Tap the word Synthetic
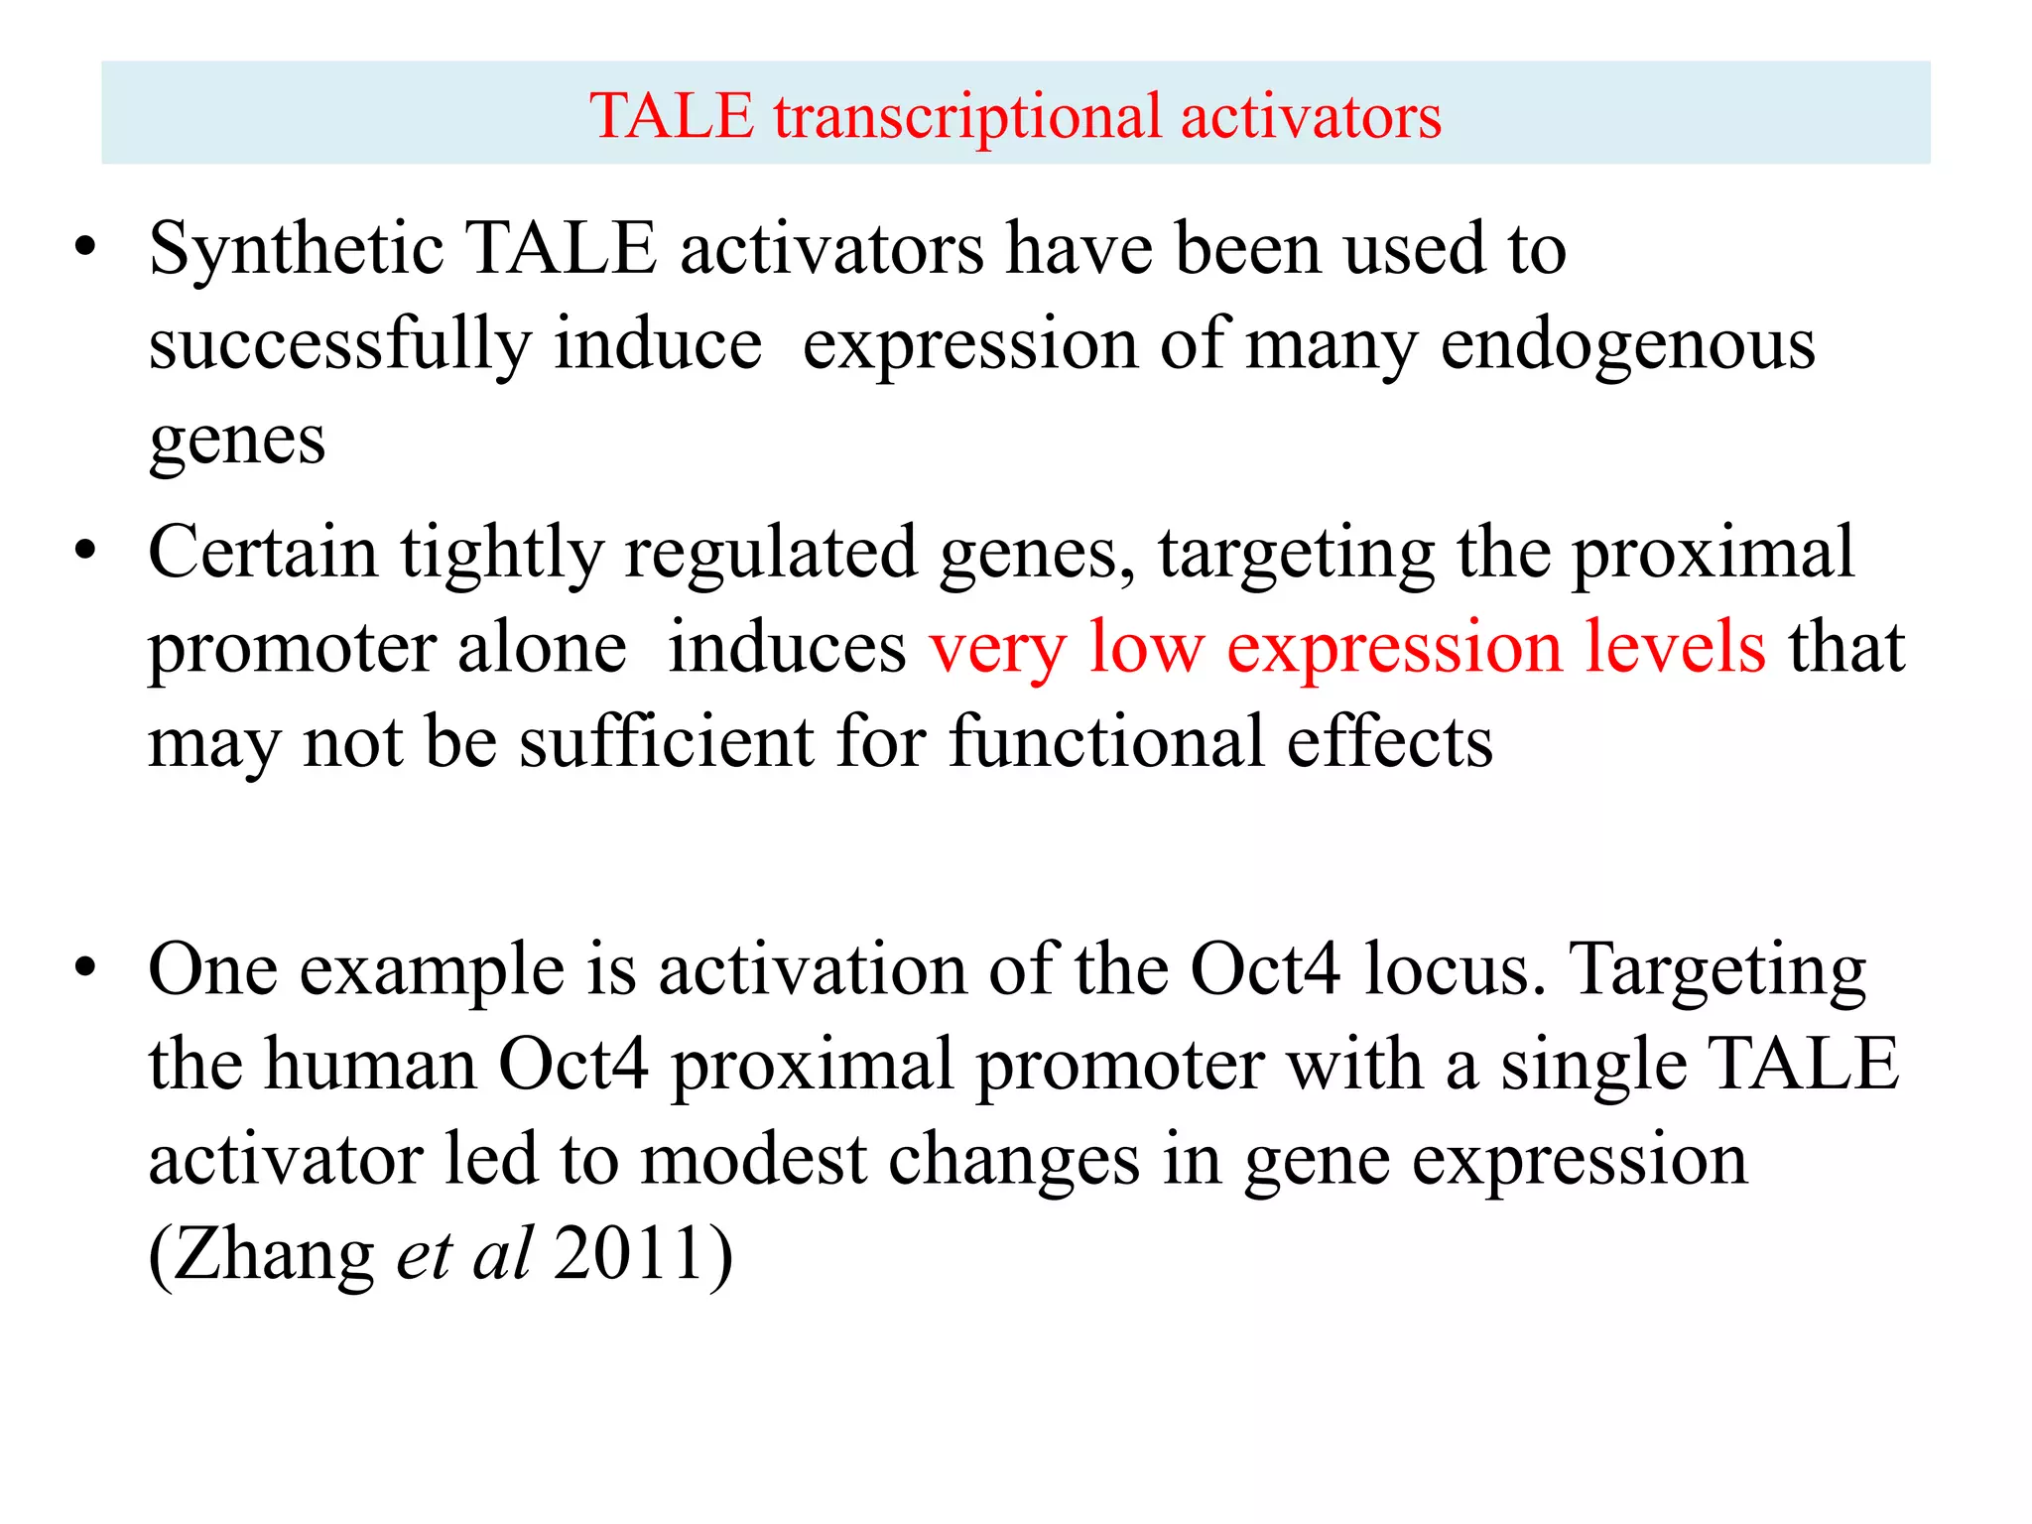295,248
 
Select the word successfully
340,344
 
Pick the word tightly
501,554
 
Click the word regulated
770,554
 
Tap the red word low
1146,647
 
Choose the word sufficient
667,741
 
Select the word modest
754,1159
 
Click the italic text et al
464,1253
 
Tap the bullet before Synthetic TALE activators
86,246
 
